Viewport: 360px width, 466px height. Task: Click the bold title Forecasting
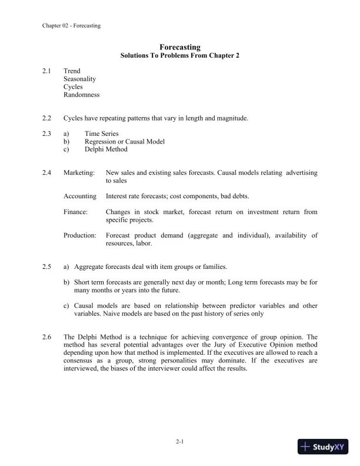[180, 47]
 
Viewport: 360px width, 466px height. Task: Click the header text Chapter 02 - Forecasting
[71, 26]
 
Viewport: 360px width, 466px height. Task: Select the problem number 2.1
[47, 71]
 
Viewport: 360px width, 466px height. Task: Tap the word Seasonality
[80, 79]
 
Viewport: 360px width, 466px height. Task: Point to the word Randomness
[81, 94]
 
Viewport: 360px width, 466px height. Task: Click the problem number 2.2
[47, 118]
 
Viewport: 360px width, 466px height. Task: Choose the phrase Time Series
[101, 134]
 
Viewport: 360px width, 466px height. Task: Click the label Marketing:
[79, 173]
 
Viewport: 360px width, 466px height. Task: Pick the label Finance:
[76, 211]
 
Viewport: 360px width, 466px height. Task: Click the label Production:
[80, 235]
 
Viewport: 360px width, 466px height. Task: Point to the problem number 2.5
[47, 267]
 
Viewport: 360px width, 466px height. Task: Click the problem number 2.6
[47, 337]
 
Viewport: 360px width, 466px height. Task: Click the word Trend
[72, 71]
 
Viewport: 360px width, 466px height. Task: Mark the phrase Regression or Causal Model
[125, 142]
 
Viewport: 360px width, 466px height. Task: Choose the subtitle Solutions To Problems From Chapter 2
[180, 56]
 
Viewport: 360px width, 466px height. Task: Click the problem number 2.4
[47, 173]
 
